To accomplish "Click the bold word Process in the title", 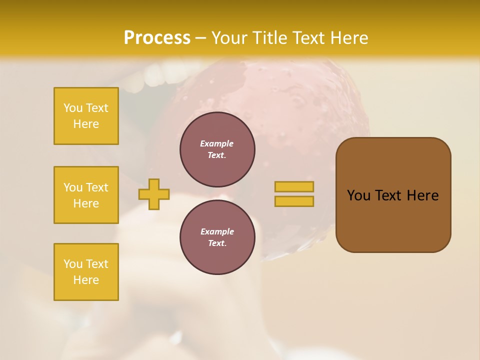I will click(157, 37).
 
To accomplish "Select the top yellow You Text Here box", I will click(86, 116).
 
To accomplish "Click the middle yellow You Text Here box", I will click(86, 195).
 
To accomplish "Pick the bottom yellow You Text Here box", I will click(86, 272).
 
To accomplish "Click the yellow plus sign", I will click(154, 194).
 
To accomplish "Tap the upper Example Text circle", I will click(217, 149).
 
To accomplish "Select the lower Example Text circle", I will click(217, 237).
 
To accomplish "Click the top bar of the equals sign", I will click(294, 186).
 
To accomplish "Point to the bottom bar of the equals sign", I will click(294, 201).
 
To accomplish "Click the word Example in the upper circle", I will click(217, 143).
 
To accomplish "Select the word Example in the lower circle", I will click(217, 231).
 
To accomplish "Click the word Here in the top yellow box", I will click(86, 124).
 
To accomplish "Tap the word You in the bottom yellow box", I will click(73, 264).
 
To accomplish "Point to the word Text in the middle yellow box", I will click(97, 187).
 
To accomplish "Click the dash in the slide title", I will click(200, 37).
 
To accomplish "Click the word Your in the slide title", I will click(228, 37).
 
